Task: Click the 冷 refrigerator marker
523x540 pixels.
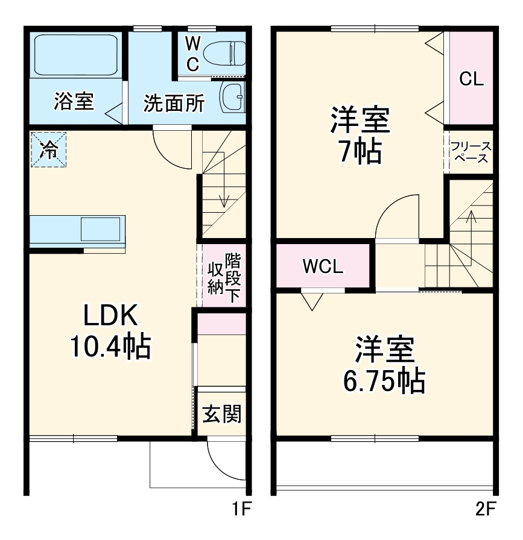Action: (49, 149)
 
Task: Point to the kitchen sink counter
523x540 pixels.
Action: (78, 229)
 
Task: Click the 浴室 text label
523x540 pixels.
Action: (74, 102)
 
